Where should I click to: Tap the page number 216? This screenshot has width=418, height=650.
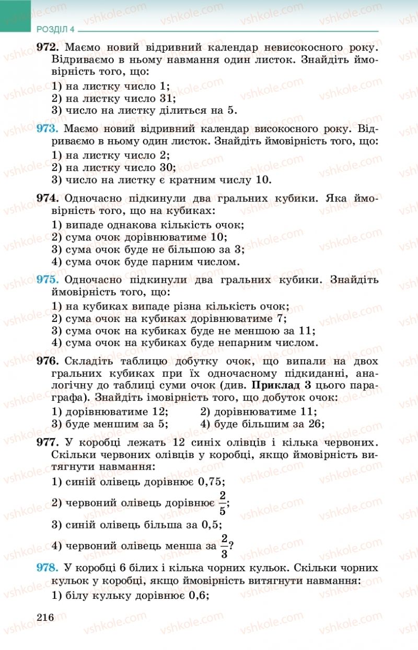45,618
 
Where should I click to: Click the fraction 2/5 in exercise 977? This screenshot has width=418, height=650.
223,502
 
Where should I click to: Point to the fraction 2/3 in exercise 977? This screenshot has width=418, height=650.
225,545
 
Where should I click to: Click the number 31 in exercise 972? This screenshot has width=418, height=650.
166,98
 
